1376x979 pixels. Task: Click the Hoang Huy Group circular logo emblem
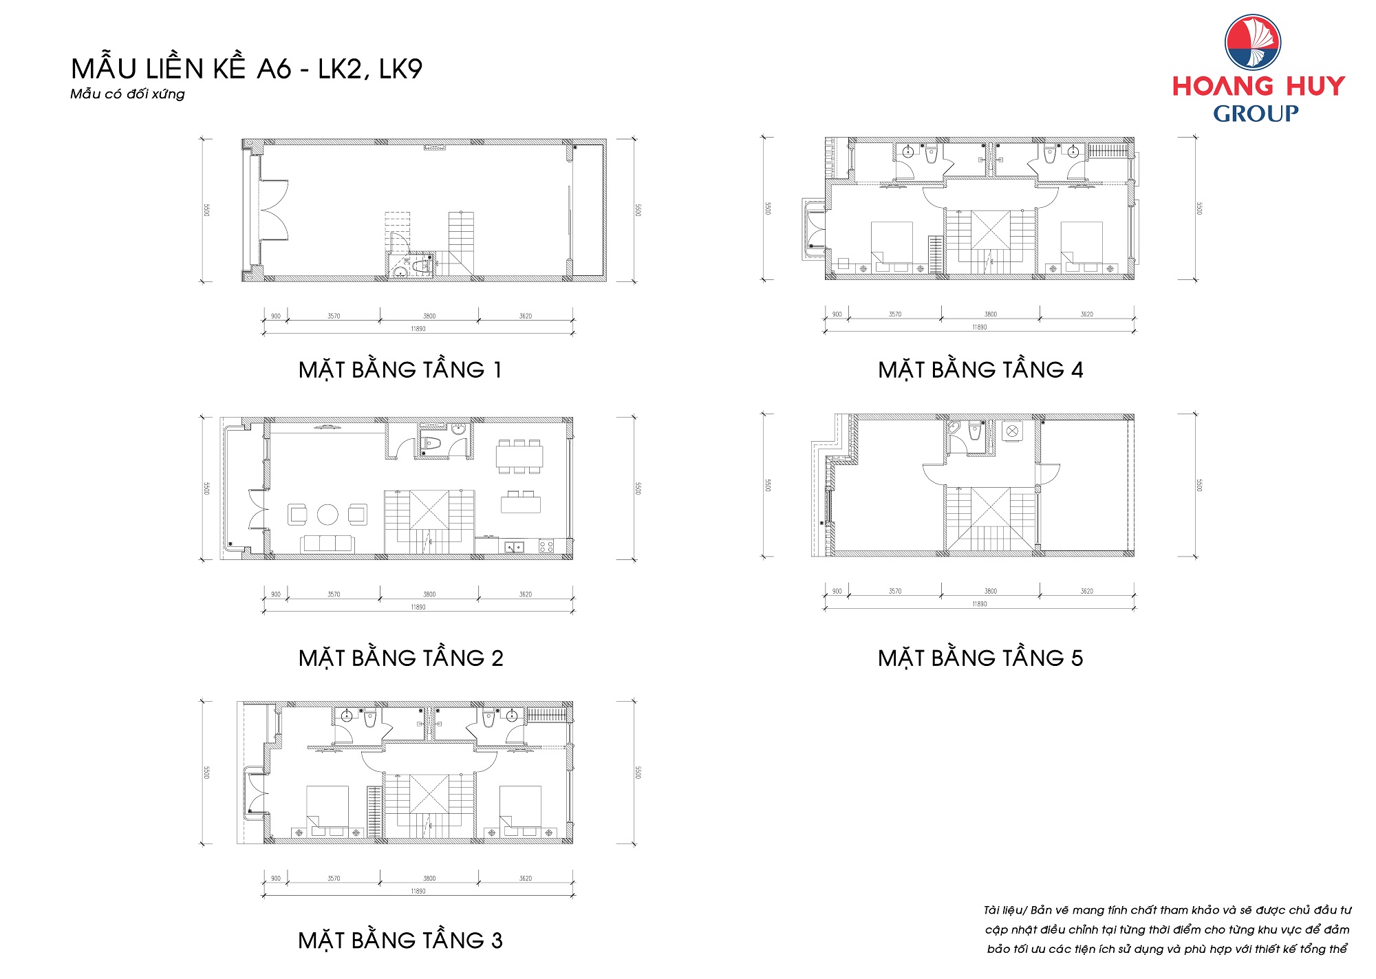(x=1252, y=43)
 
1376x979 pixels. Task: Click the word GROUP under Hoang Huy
(x=1256, y=114)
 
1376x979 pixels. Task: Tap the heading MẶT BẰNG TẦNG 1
(x=400, y=370)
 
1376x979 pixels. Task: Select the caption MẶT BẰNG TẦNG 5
(x=980, y=658)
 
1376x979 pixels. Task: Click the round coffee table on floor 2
(x=327, y=515)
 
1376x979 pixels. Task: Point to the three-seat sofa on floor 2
(x=327, y=544)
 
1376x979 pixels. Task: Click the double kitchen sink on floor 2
(x=513, y=547)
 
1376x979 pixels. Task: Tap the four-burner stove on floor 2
(x=546, y=547)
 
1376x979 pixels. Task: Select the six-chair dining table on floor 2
(x=519, y=457)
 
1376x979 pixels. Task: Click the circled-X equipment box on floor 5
(x=1012, y=431)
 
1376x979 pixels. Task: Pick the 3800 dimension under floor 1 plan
(x=429, y=316)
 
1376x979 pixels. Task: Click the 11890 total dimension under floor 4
(x=979, y=327)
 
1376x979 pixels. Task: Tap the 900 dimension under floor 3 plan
(x=275, y=879)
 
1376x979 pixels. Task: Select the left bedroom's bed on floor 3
(x=327, y=806)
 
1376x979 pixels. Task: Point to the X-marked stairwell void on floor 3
(x=429, y=795)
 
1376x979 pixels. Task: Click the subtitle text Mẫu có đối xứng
(x=127, y=94)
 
